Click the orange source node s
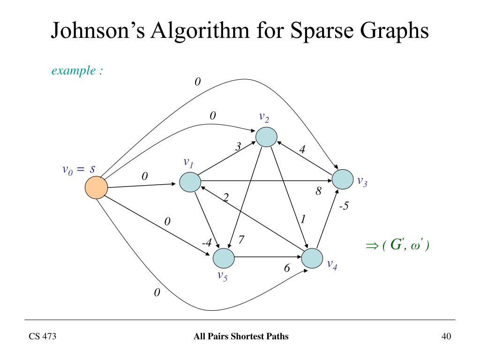click(x=96, y=187)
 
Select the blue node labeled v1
click(x=190, y=182)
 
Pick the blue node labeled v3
click(x=343, y=179)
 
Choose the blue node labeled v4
click(x=313, y=258)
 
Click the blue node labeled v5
click(x=224, y=258)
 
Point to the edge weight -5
click(x=344, y=205)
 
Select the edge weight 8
click(x=318, y=191)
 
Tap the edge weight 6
click(x=287, y=269)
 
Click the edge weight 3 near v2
click(x=238, y=147)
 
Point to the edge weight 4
click(x=302, y=150)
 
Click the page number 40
click(x=446, y=336)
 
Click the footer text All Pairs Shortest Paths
click(x=241, y=336)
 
